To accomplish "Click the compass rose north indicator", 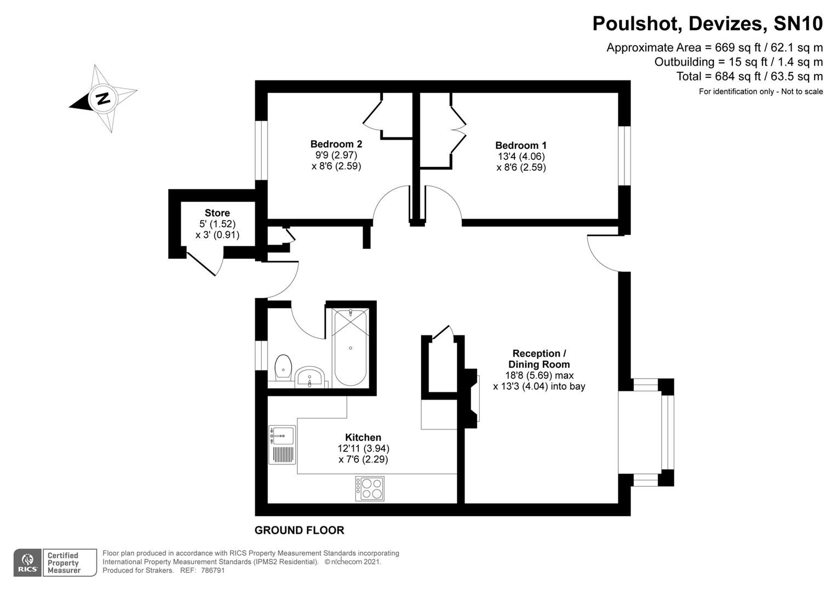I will pyautogui.click(x=102, y=99).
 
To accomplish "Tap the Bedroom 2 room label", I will pyautogui.click(x=336, y=144).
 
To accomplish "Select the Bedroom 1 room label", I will pyautogui.click(x=520, y=146).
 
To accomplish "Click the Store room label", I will pyautogui.click(x=217, y=213).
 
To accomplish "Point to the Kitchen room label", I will pyautogui.click(x=363, y=437).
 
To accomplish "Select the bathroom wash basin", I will pyautogui.click(x=310, y=378).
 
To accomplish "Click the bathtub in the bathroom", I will pyautogui.click(x=350, y=347).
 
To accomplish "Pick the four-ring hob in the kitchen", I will pyautogui.click(x=370, y=489).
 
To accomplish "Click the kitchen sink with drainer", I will pyautogui.click(x=282, y=445).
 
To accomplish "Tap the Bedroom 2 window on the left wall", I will pyautogui.click(x=261, y=150).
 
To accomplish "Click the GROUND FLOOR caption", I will pyautogui.click(x=299, y=530).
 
